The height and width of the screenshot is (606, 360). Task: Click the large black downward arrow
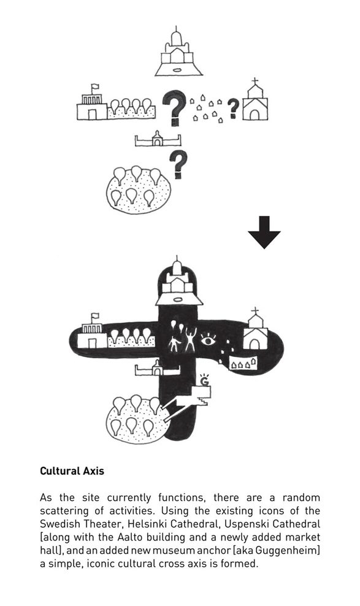click(264, 232)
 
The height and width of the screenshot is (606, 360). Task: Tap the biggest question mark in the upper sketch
click(175, 107)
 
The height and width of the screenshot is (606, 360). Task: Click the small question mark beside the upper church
click(233, 108)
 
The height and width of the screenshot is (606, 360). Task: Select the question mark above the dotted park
click(178, 164)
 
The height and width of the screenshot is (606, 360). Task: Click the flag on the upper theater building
click(95, 86)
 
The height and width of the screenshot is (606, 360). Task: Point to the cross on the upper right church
click(255, 82)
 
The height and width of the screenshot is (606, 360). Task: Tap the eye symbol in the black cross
click(208, 340)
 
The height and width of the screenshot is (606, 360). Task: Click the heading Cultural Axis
click(72, 470)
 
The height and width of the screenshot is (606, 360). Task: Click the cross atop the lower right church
click(255, 311)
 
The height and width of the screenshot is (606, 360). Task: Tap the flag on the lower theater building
click(95, 316)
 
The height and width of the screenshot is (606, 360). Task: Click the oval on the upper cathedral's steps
click(177, 71)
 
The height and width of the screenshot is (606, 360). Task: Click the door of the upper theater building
click(92, 115)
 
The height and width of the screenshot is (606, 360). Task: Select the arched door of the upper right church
click(255, 115)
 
